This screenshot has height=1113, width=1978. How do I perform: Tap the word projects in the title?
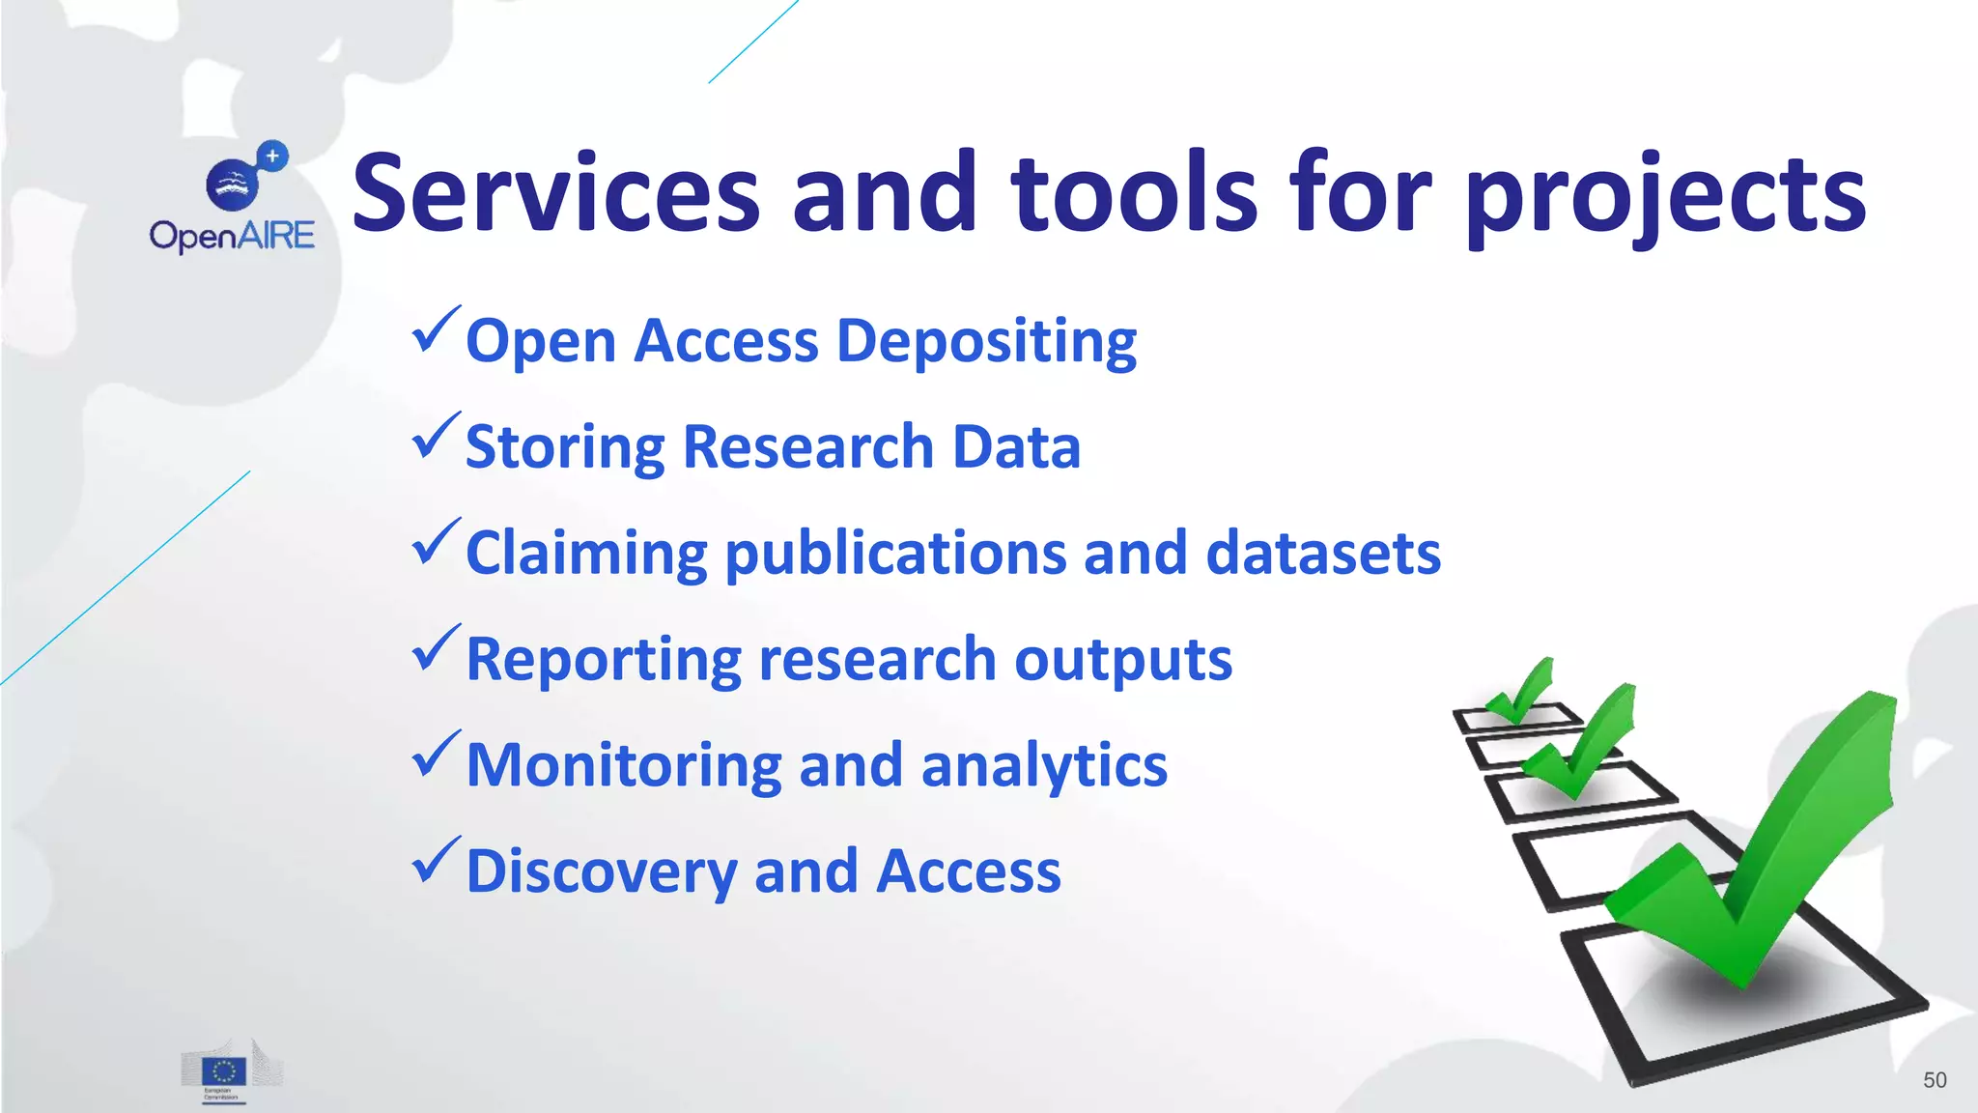point(1665,198)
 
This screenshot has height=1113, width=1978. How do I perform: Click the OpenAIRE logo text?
point(232,236)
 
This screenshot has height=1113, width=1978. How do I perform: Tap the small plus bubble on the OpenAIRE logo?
point(273,156)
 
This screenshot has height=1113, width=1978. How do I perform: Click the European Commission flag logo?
point(224,1071)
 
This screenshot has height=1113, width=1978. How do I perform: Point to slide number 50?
point(1935,1080)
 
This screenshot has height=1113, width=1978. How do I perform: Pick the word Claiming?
point(586,554)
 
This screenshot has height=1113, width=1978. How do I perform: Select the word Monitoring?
point(624,765)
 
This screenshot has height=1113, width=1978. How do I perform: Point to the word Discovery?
point(602,871)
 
